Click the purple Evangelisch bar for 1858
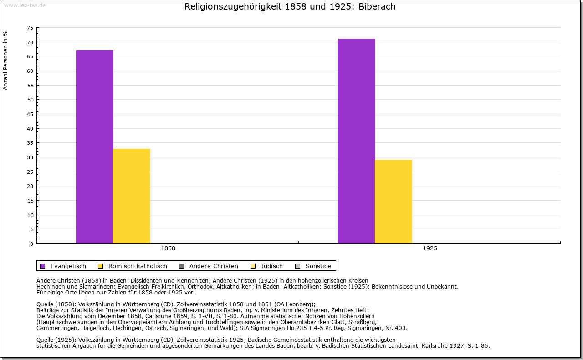pos(94,147)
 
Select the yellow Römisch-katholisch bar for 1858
pos(132,196)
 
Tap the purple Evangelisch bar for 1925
pos(356,141)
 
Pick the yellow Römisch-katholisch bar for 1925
pos(394,201)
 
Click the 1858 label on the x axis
pos(168,248)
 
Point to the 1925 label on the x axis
pos(430,248)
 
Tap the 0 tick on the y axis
pos(31,244)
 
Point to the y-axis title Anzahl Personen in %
pos(6,60)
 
